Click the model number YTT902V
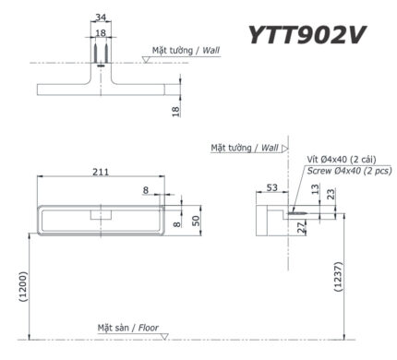tap(307, 34)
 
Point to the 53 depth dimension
tap(271, 187)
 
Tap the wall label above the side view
tap(245, 147)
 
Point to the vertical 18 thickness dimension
tap(175, 110)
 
